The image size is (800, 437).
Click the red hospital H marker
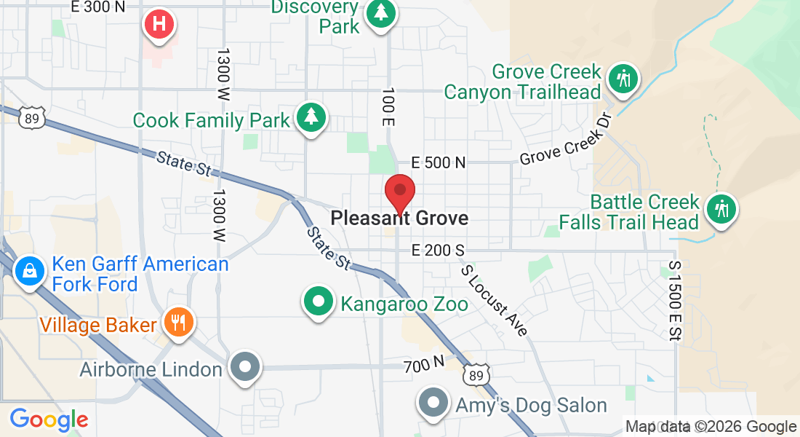160,24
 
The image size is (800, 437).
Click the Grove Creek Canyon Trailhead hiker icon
623,78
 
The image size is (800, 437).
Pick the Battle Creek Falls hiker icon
721,209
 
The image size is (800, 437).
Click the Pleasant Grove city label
399,218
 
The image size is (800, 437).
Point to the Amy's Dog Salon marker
433,403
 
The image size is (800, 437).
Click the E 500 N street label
438,162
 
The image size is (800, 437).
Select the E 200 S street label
437,251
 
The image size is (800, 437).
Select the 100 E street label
388,107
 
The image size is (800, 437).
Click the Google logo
49,420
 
